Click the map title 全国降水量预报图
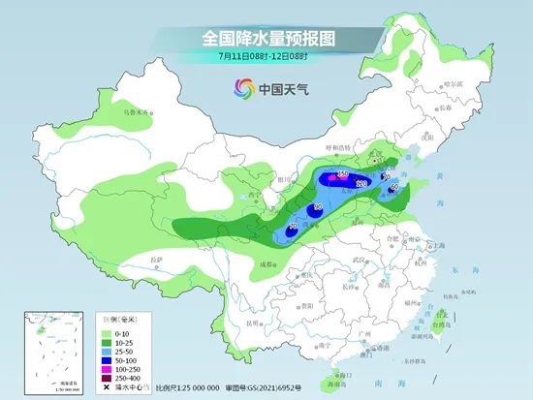[x=266, y=37]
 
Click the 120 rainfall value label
[x=361, y=182]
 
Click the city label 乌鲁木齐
[x=139, y=112]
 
